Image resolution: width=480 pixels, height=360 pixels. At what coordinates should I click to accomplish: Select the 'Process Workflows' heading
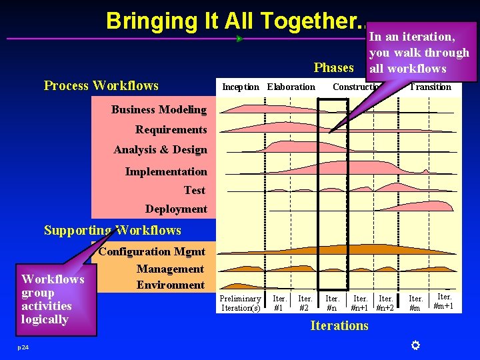[101, 85]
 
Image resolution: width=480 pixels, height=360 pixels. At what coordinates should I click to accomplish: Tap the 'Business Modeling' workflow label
[159, 109]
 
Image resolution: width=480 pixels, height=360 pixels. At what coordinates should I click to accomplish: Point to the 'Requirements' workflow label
[171, 129]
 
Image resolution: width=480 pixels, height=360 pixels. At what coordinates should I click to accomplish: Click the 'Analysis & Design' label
[160, 150]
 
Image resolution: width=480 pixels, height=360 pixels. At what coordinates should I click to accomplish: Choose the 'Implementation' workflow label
[166, 171]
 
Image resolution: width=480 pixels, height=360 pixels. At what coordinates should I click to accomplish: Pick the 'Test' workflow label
[195, 191]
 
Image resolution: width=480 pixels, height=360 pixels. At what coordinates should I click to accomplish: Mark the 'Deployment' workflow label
[176, 209]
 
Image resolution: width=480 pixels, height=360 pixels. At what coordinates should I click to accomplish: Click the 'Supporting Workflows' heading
[113, 231]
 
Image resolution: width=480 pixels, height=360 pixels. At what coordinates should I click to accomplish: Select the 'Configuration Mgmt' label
[153, 252]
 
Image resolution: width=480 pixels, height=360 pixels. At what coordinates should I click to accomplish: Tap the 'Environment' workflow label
[171, 285]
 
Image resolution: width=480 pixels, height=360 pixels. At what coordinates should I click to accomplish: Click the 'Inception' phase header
[241, 87]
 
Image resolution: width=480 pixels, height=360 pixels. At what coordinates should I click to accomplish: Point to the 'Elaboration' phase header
[291, 87]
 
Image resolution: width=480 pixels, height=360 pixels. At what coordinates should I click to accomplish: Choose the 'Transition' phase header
[430, 87]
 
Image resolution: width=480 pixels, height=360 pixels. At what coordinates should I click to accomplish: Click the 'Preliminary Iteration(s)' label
[241, 303]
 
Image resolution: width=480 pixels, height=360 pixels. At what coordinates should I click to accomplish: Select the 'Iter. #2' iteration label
[305, 303]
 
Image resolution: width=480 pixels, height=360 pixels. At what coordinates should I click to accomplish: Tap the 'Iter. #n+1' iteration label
[360, 303]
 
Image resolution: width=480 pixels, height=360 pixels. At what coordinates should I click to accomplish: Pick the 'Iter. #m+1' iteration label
[443, 301]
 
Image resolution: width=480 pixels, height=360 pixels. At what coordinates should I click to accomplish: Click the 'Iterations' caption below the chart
[339, 325]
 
